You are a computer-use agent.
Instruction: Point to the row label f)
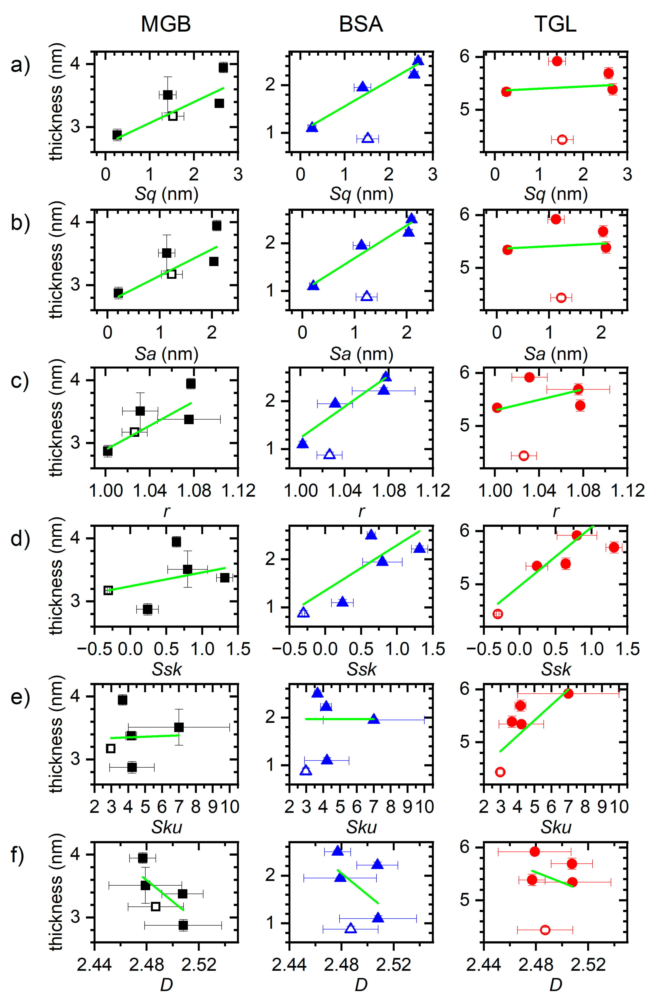click(20, 854)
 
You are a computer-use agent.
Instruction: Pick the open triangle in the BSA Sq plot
click(367, 138)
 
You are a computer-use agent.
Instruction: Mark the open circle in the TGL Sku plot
click(500, 772)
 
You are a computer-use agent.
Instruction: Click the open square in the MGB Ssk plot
click(108, 590)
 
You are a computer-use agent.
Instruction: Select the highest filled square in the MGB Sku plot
click(122, 700)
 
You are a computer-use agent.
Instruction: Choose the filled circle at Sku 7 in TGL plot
click(568, 693)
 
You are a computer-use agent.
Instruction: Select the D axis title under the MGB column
click(166, 985)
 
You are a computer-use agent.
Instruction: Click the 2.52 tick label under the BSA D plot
click(393, 965)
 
